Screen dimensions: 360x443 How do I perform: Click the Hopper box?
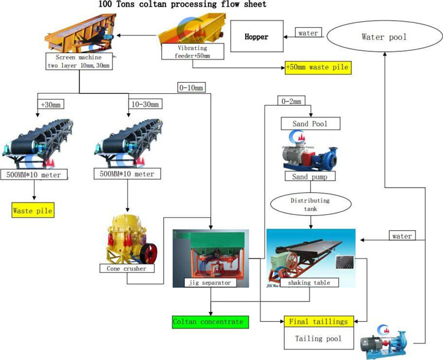click(x=256, y=37)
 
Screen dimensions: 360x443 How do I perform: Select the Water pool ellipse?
click(x=385, y=37)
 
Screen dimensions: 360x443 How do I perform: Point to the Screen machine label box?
click(x=79, y=61)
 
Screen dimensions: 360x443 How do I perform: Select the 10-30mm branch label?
click(x=142, y=105)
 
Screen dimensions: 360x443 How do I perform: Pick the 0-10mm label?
click(x=191, y=89)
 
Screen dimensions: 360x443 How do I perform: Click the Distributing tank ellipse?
click(x=311, y=204)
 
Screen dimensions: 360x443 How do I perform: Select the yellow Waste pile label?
click(x=33, y=210)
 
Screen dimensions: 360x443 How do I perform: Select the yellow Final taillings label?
click(x=320, y=322)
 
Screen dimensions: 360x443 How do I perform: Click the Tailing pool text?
click(x=320, y=339)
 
